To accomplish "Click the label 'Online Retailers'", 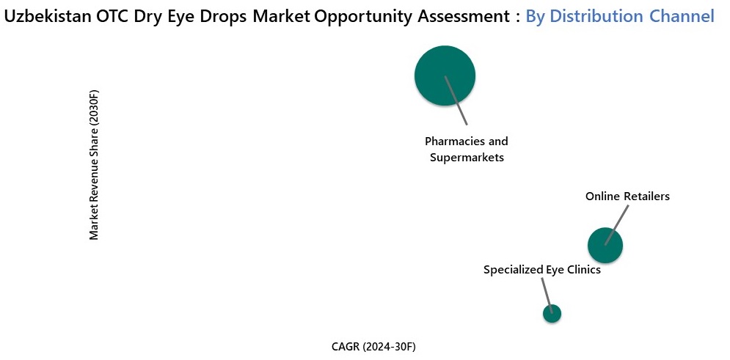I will pos(627,196).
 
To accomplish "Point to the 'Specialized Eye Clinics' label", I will pos(541,270).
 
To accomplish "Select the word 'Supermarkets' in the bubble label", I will pos(467,157).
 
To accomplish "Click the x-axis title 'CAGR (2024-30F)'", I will pos(378,346).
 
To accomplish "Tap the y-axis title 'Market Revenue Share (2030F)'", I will pos(93,165).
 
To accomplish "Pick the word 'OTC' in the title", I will pos(114,16).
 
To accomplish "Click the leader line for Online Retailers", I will pos(618,224).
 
